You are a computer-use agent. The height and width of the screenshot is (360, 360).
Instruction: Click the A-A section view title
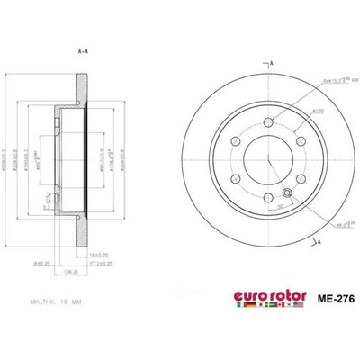click(83, 51)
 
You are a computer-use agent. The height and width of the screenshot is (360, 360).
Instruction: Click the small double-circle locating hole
click(286, 193)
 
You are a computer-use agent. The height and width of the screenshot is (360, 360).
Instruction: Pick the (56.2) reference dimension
click(79, 270)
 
